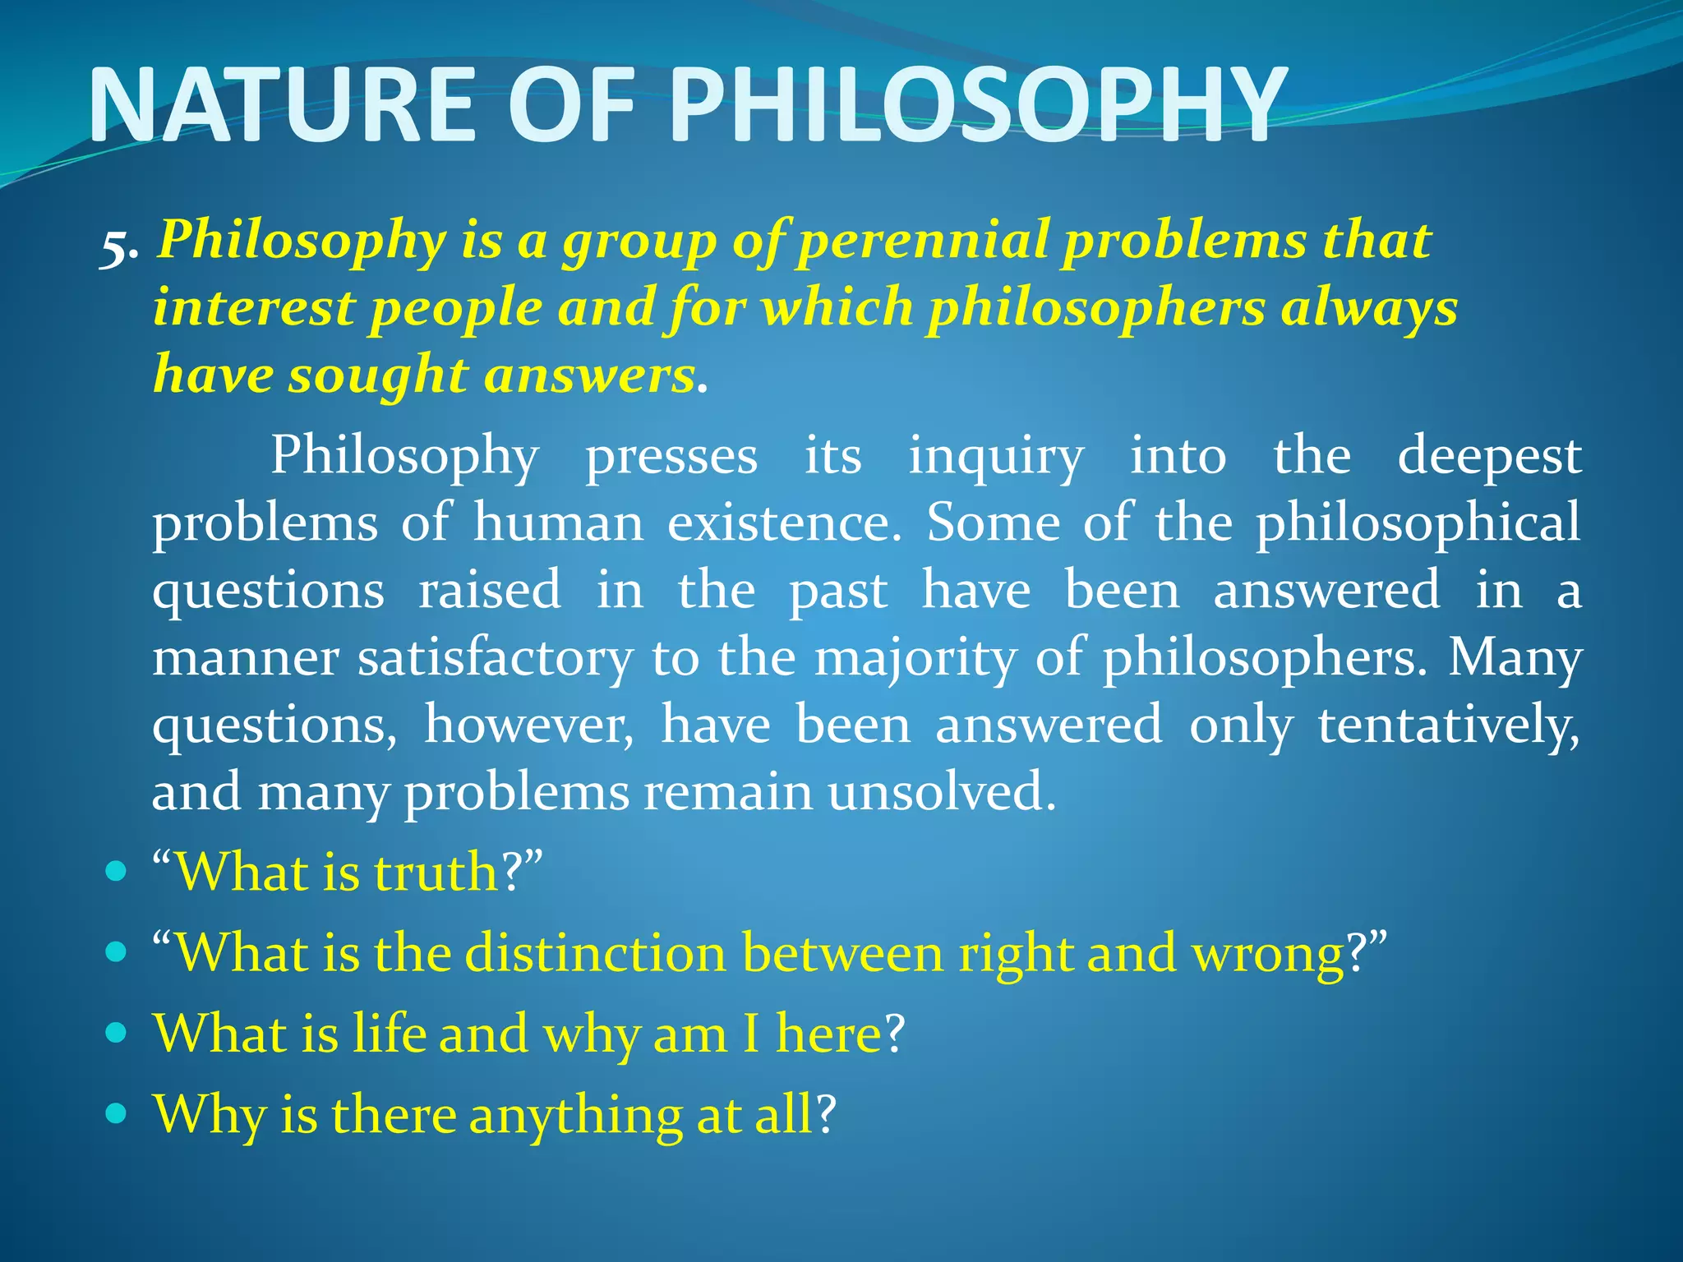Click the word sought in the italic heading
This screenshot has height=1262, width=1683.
(x=378, y=376)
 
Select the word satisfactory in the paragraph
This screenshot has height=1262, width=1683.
(x=495, y=659)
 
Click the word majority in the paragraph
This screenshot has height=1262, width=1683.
(x=916, y=659)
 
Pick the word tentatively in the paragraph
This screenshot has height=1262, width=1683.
(x=1448, y=726)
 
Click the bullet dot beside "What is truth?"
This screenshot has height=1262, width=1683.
(x=117, y=870)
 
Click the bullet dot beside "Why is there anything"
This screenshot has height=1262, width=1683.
(x=117, y=1113)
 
